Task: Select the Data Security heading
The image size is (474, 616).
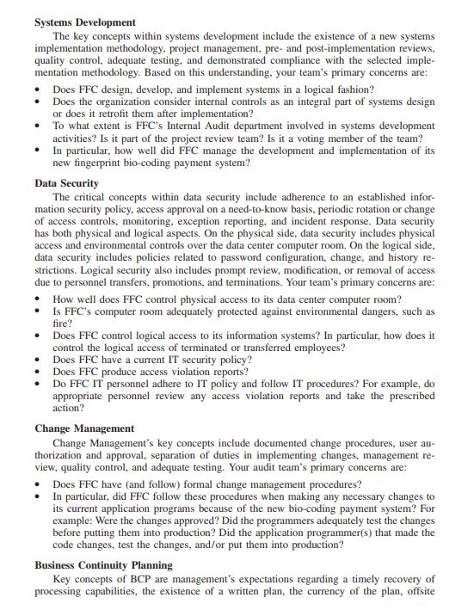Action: [x=66, y=183]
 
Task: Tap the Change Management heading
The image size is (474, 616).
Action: [x=84, y=428]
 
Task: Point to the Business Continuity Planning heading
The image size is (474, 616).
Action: [x=103, y=565]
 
